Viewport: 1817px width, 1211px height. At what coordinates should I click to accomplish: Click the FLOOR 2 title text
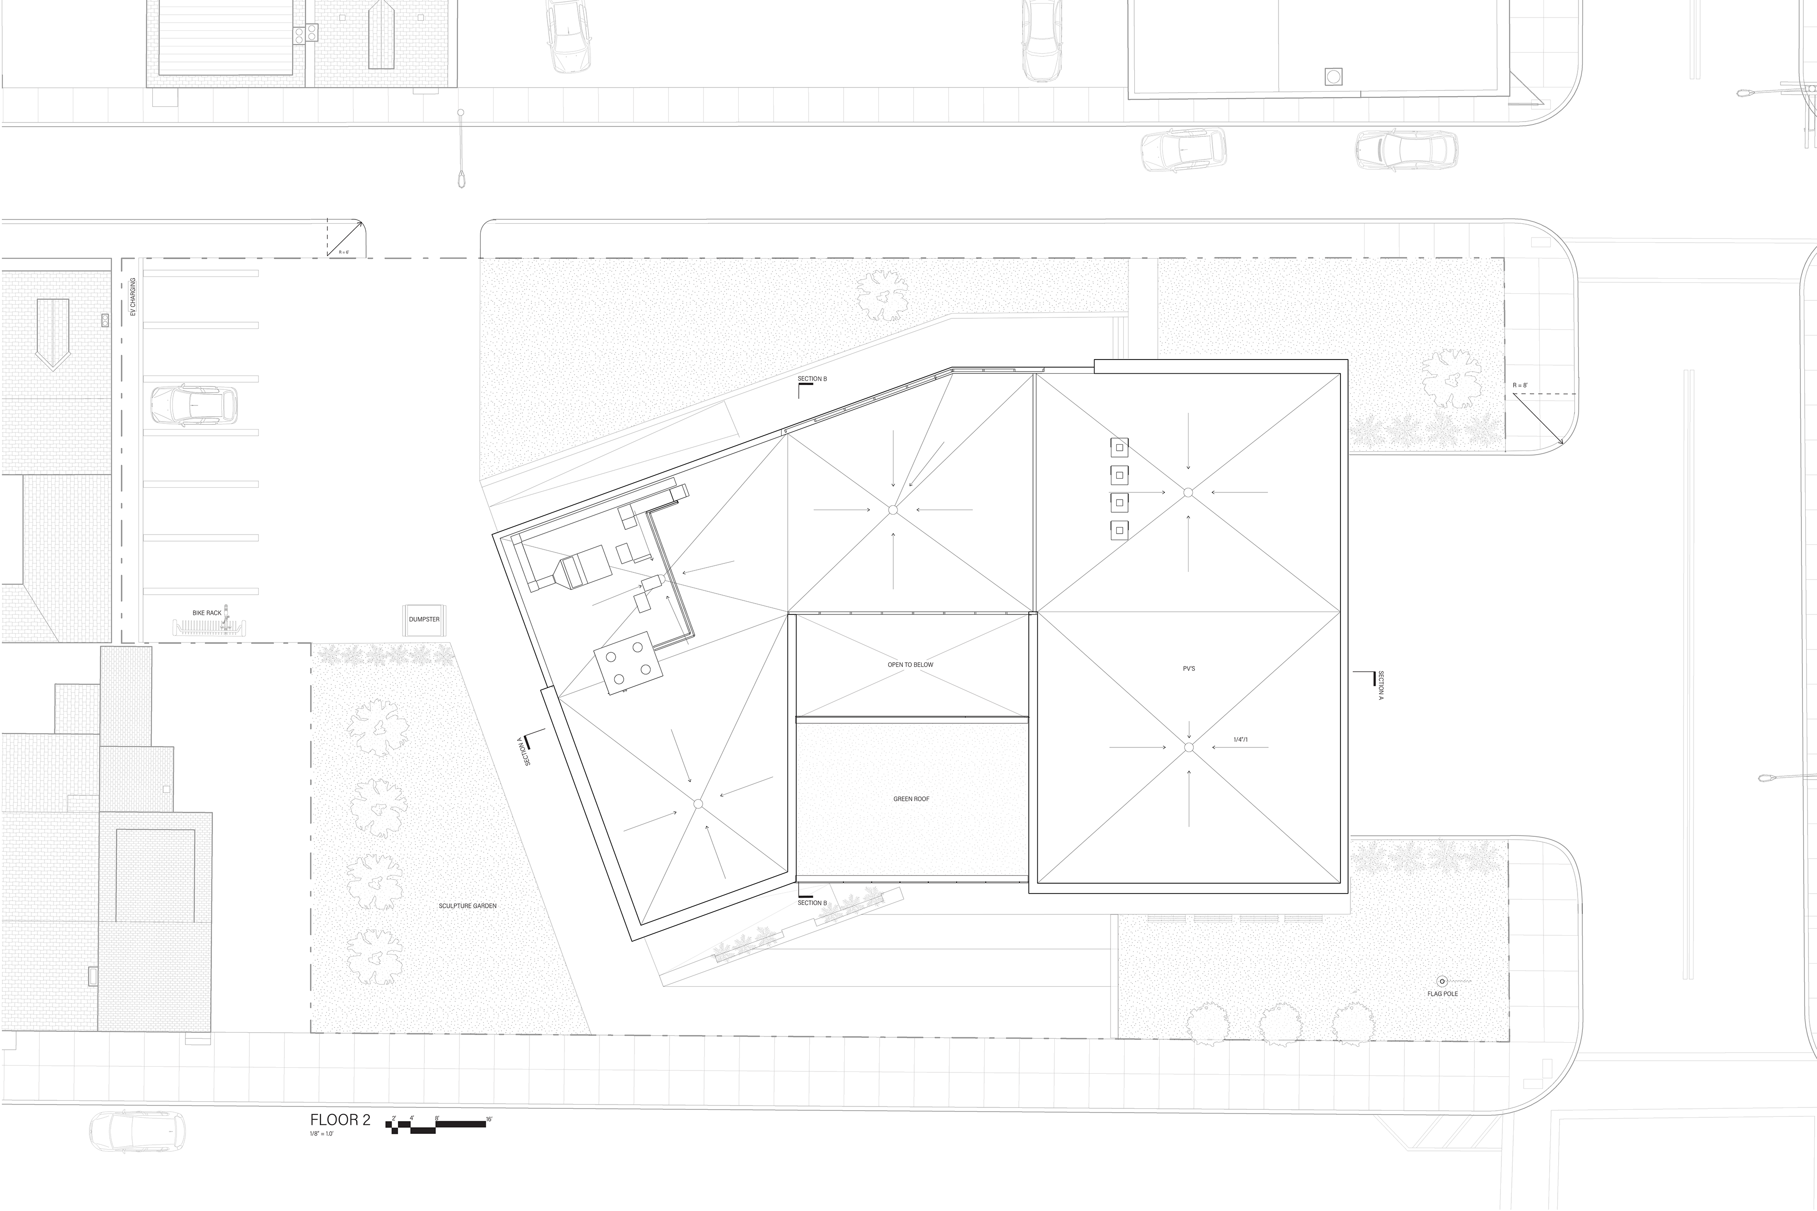(x=340, y=1120)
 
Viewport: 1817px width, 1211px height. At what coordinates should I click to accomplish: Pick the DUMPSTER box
(x=424, y=619)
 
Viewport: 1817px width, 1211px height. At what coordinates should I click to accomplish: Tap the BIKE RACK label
(x=207, y=613)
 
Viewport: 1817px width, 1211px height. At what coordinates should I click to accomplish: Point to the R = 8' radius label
(x=1520, y=385)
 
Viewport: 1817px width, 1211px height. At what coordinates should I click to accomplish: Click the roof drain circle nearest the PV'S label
(x=1189, y=747)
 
